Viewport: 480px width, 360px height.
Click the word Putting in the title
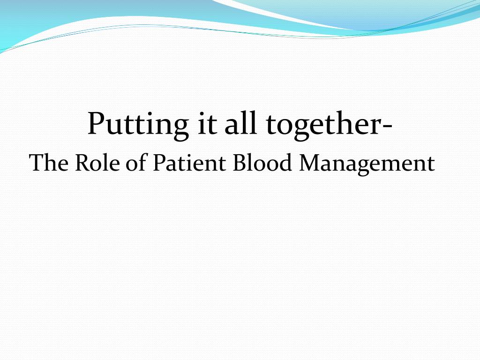(135, 124)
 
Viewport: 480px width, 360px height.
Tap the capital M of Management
(310, 163)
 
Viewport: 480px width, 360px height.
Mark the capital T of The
(36, 163)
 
